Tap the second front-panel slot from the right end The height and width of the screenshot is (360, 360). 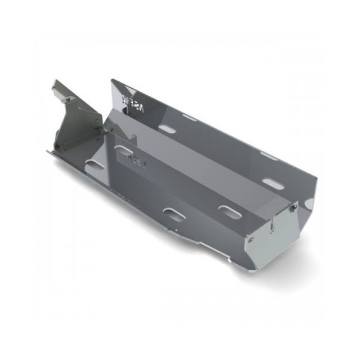(174, 214)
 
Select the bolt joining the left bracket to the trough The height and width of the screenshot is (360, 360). (105, 132)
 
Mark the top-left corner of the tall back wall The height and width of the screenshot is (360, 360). (113, 81)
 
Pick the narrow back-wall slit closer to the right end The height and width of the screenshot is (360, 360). (269, 155)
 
